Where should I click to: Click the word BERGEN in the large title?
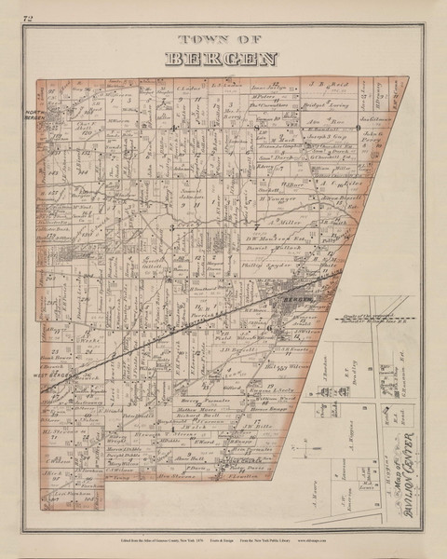(x=223, y=59)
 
